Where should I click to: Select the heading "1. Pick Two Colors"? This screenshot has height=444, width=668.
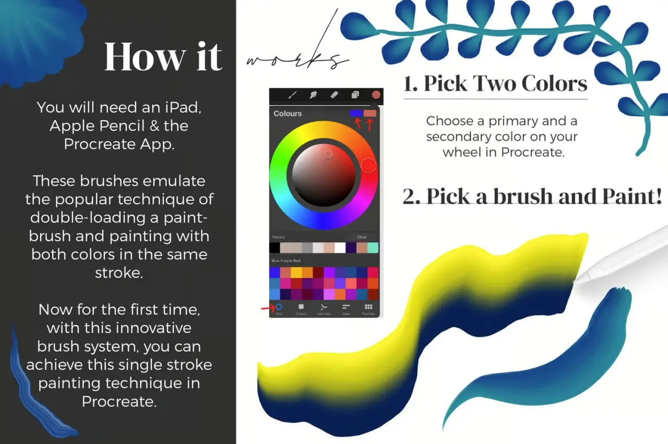[495, 84]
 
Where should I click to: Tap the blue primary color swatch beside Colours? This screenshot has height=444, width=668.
[356, 113]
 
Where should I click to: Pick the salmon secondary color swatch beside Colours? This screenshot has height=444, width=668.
[370, 113]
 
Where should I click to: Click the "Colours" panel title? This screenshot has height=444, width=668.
[288, 113]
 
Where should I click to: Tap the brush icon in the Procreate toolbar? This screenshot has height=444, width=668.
[292, 95]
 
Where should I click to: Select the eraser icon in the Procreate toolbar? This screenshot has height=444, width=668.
[335, 95]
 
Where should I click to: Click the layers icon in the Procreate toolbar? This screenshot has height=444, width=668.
[355, 95]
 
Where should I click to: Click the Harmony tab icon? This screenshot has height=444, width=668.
[324, 308]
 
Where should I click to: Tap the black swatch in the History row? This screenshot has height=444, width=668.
[275, 248]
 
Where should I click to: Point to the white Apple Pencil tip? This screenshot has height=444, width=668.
[579, 279]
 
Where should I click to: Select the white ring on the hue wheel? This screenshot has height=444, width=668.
[368, 166]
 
